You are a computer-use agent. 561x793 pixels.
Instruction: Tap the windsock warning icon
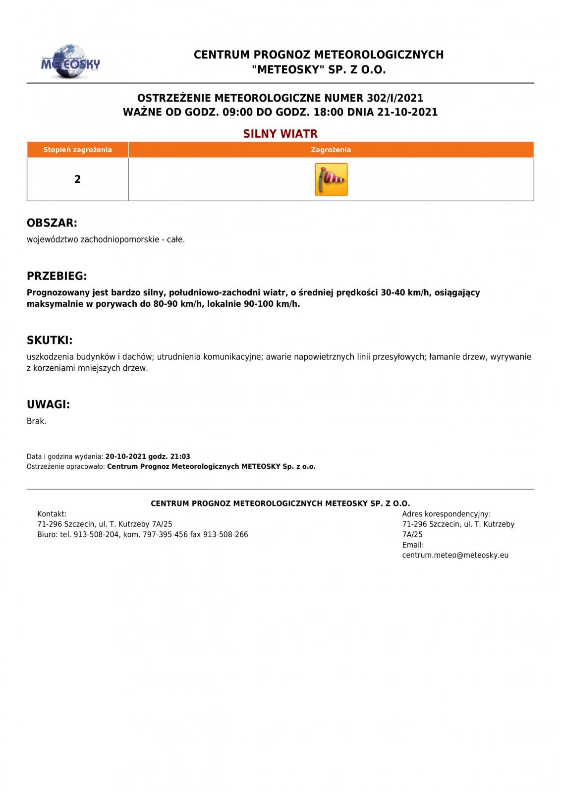331,179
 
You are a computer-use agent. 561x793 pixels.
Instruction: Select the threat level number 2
77,179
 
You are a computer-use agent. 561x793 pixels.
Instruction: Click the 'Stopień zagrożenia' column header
77,150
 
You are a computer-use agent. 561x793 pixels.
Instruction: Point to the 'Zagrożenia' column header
331,150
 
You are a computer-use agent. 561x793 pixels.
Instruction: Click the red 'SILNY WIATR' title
280,134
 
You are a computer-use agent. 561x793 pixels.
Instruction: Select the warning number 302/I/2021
395,98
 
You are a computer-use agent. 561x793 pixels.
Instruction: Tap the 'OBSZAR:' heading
52,223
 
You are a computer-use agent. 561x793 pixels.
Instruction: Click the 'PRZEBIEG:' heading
57,276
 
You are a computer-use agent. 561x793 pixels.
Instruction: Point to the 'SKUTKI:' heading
50,340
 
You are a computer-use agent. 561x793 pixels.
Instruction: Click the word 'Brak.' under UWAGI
37,421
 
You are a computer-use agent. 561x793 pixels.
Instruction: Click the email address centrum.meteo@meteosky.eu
455,555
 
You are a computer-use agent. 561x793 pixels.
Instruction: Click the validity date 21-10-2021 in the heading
407,112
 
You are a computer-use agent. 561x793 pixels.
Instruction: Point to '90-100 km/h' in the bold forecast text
272,304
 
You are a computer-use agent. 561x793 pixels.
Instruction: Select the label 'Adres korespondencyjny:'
446,514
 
